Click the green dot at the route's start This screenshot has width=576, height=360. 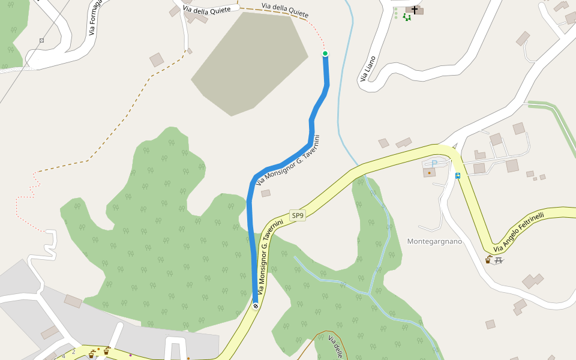pyautogui.click(x=325, y=53)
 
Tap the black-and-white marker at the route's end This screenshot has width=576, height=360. pyautogui.click(x=256, y=307)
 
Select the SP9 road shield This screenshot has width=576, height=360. pyautogui.click(x=298, y=215)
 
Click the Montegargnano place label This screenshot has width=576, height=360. pyautogui.click(x=434, y=241)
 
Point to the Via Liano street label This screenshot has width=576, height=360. pyautogui.click(x=368, y=69)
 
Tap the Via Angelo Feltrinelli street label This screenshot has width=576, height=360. pyautogui.click(x=519, y=232)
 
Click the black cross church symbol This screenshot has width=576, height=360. pyautogui.click(x=415, y=10)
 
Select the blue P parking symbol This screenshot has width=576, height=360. pyautogui.click(x=434, y=164)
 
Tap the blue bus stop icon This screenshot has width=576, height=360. pyautogui.click(x=458, y=176)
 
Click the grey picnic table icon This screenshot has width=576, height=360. pyautogui.click(x=499, y=260)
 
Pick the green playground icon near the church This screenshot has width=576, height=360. pyautogui.click(x=407, y=17)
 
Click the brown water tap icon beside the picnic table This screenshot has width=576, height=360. pyautogui.click(x=488, y=260)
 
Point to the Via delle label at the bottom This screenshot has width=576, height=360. pyautogui.click(x=335, y=347)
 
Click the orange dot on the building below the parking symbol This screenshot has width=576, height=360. pyautogui.click(x=429, y=173)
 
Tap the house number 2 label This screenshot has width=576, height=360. pyautogui.click(x=74, y=352)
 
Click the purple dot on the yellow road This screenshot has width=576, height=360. pyautogui.click(x=130, y=355)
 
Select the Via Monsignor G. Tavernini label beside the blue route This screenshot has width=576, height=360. pyautogui.click(x=288, y=160)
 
